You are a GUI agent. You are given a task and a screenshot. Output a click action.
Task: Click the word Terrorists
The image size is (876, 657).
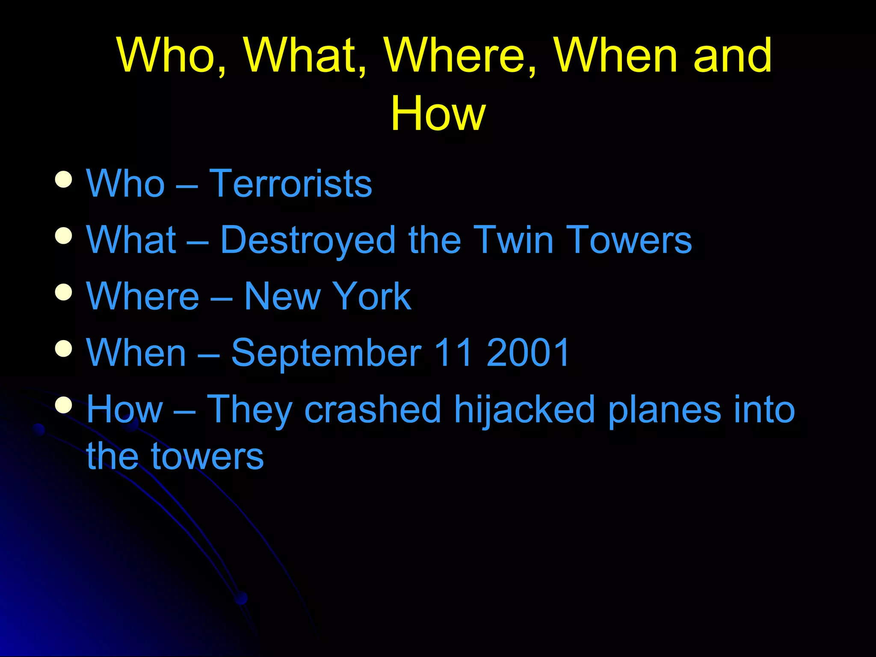tap(290, 183)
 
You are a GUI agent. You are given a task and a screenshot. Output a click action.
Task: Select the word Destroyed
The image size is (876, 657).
tap(308, 240)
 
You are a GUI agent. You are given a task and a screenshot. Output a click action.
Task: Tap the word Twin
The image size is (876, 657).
tap(513, 240)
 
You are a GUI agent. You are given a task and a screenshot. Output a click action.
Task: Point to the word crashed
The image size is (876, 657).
tap(373, 409)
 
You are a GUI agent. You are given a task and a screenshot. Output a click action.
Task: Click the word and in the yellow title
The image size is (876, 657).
tap(732, 56)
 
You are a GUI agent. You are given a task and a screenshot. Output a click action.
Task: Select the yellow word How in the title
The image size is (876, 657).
tap(438, 113)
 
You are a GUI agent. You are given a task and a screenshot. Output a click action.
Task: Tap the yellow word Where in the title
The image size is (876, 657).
tap(459, 56)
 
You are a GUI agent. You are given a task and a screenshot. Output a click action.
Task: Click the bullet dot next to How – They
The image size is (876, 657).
tap(63, 405)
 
